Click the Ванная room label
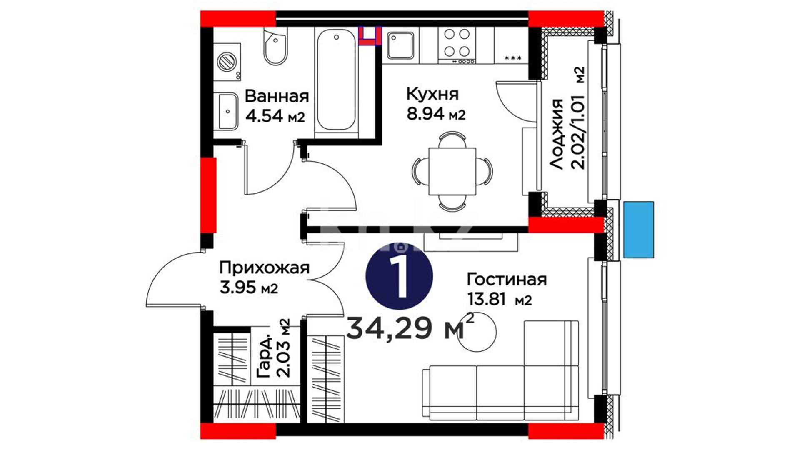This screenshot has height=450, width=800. tap(277, 96)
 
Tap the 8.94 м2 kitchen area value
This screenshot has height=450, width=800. tap(436, 114)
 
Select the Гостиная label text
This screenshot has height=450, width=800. tap(507, 279)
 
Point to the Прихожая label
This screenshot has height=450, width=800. tap(265, 268)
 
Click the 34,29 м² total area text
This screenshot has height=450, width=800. tap(410, 327)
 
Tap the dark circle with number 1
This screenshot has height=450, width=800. tap(399, 276)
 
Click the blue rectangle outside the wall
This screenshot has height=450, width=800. tap(639, 230)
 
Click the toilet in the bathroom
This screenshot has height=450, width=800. tap(275, 46)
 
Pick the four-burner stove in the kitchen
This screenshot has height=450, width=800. tap(457, 45)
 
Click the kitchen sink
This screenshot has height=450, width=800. tap(400, 45)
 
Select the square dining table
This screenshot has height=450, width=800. tap(452, 171)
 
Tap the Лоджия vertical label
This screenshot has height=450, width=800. tap(557, 134)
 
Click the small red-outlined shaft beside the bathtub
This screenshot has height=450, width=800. tap(370, 35)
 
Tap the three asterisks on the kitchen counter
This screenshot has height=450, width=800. tap(513, 58)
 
